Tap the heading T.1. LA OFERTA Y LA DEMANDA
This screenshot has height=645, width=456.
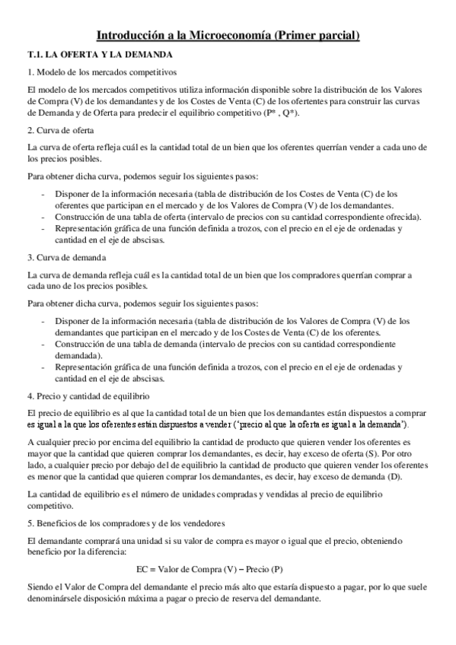click(x=100, y=55)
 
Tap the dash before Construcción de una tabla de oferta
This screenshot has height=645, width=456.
click(x=43, y=216)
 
